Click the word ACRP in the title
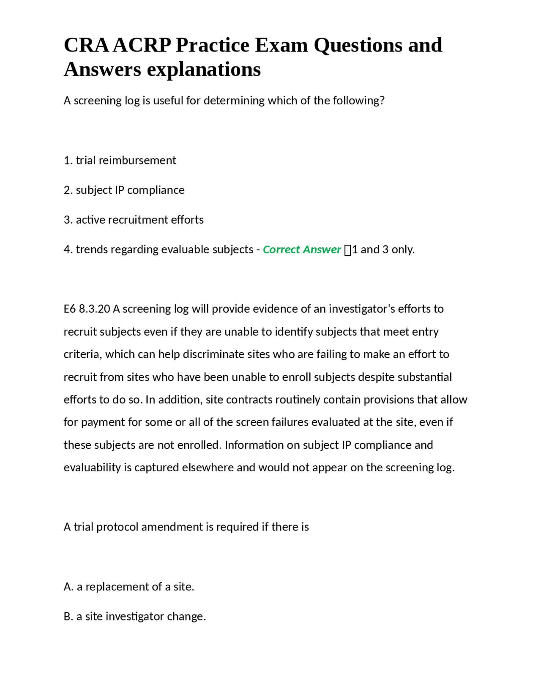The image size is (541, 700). coord(142,45)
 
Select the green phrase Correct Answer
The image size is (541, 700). coord(302,249)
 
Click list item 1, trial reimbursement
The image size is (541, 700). coord(120,160)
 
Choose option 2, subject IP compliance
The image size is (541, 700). coord(124,190)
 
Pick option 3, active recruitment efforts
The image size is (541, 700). coord(134,219)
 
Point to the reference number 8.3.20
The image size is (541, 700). coord(94,309)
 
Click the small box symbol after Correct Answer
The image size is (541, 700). coord(348,250)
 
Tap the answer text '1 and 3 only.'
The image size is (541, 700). coord(383,249)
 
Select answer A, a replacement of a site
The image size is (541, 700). coord(129,587)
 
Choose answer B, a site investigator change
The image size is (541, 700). coord(135,616)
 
